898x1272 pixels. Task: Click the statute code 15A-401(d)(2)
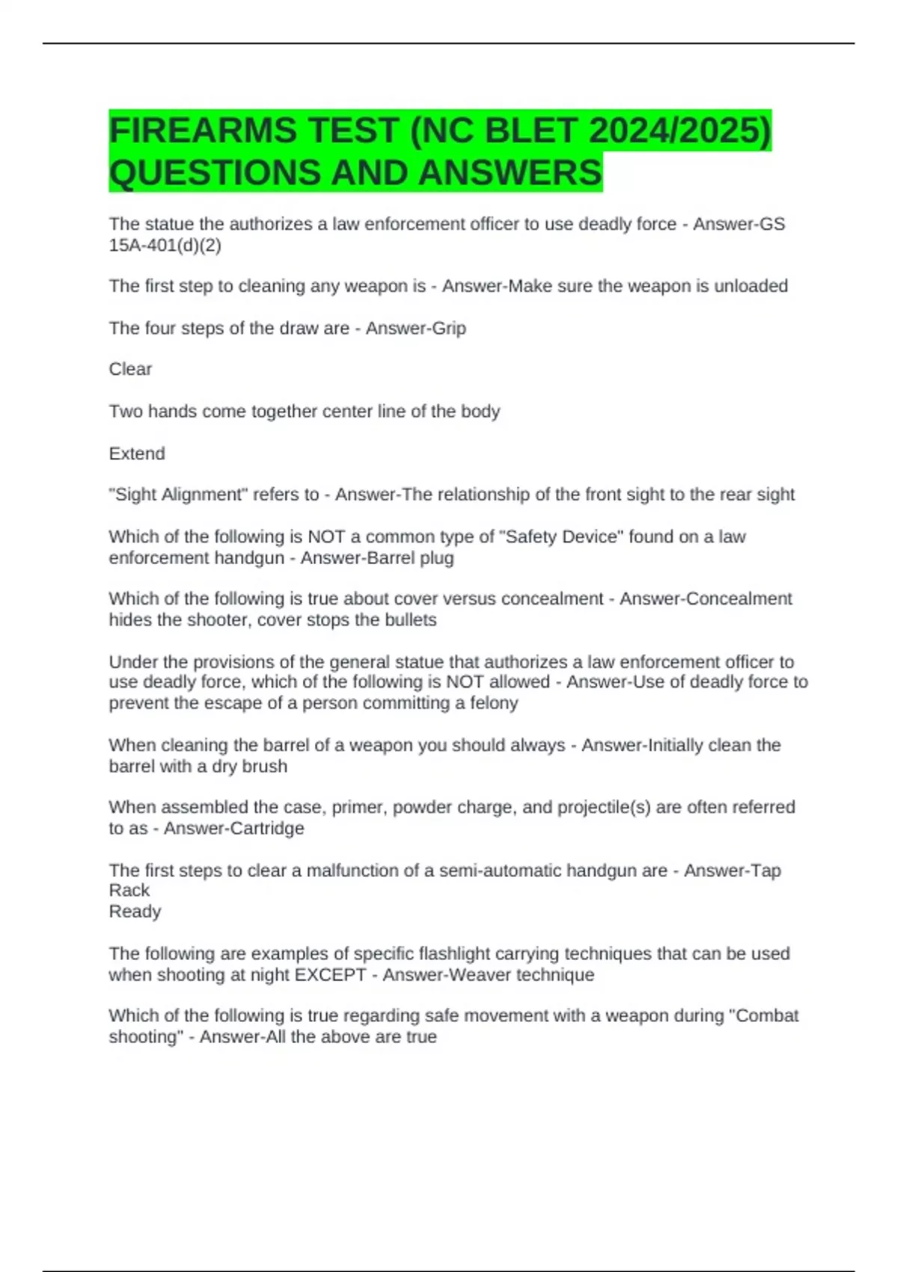165,245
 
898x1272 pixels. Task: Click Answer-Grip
415,328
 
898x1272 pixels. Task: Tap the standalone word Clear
130,370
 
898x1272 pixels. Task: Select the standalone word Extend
137,454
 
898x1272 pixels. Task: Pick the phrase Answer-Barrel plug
377,558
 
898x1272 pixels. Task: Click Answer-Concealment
706,599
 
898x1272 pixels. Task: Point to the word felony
493,703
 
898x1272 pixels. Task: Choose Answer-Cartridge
233,829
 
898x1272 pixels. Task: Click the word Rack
129,890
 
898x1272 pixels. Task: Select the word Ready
135,911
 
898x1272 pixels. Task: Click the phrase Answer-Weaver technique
489,975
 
